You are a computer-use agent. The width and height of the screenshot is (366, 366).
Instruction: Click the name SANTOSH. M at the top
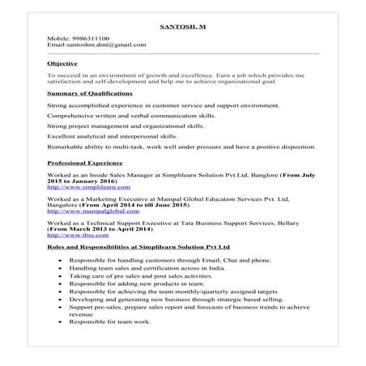[183, 27]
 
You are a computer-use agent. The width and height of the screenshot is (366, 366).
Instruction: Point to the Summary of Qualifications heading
[90, 93]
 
